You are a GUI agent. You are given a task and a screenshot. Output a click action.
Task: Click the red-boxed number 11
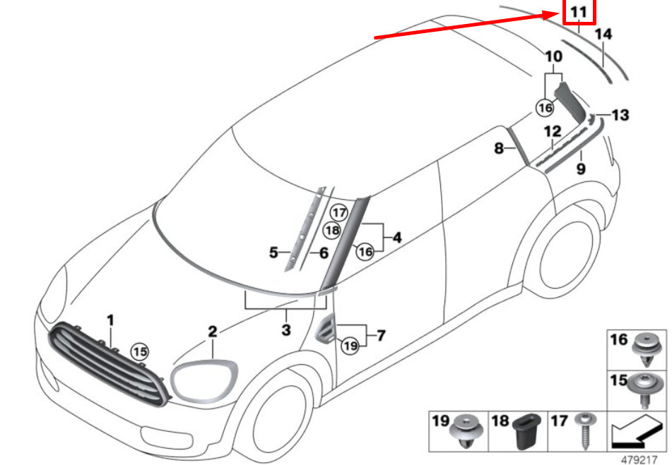point(579,12)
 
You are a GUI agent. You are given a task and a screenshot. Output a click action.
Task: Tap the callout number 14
point(603,33)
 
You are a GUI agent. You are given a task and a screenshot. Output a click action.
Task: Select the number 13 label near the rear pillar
point(620,115)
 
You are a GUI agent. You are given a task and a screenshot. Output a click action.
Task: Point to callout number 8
point(498,149)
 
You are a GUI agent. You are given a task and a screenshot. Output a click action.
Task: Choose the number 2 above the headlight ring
point(212,330)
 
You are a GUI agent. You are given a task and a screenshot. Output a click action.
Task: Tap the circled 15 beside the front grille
point(140,351)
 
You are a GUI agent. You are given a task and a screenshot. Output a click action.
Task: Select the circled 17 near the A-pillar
point(340,212)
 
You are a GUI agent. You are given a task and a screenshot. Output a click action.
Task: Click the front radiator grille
point(106,363)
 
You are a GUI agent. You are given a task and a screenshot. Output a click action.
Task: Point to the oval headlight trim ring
point(204,381)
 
